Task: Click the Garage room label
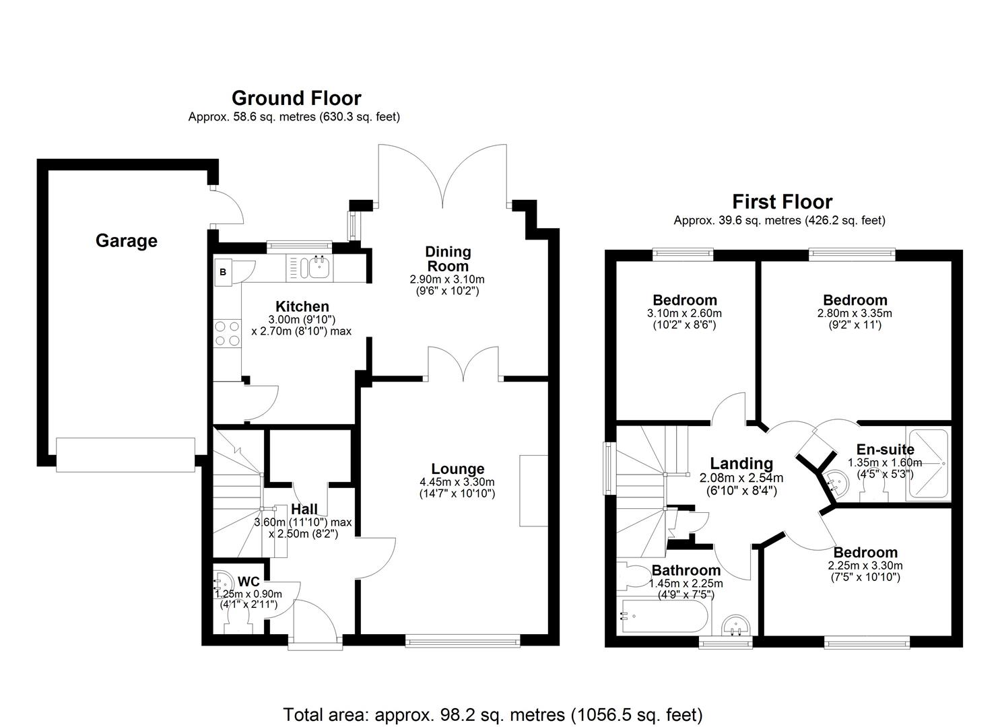[x=126, y=240]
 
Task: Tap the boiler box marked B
[x=223, y=272]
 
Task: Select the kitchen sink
[x=317, y=268]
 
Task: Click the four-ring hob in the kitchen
[x=227, y=333]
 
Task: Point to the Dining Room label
[x=448, y=258]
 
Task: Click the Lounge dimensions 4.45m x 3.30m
[x=457, y=482]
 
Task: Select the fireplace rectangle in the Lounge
[x=533, y=490]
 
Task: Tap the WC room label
[x=248, y=581]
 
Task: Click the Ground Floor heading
[x=296, y=98]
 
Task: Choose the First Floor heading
[x=782, y=201]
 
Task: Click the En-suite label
[x=885, y=450]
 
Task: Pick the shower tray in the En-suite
[x=927, y=464]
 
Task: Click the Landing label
[x=741, y=463]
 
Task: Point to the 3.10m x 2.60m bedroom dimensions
[x=684, y=313]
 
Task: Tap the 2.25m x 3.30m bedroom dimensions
[x=865, y=565]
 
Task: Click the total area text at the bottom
[x=493, y=714]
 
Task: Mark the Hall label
[x=304, y=510]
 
